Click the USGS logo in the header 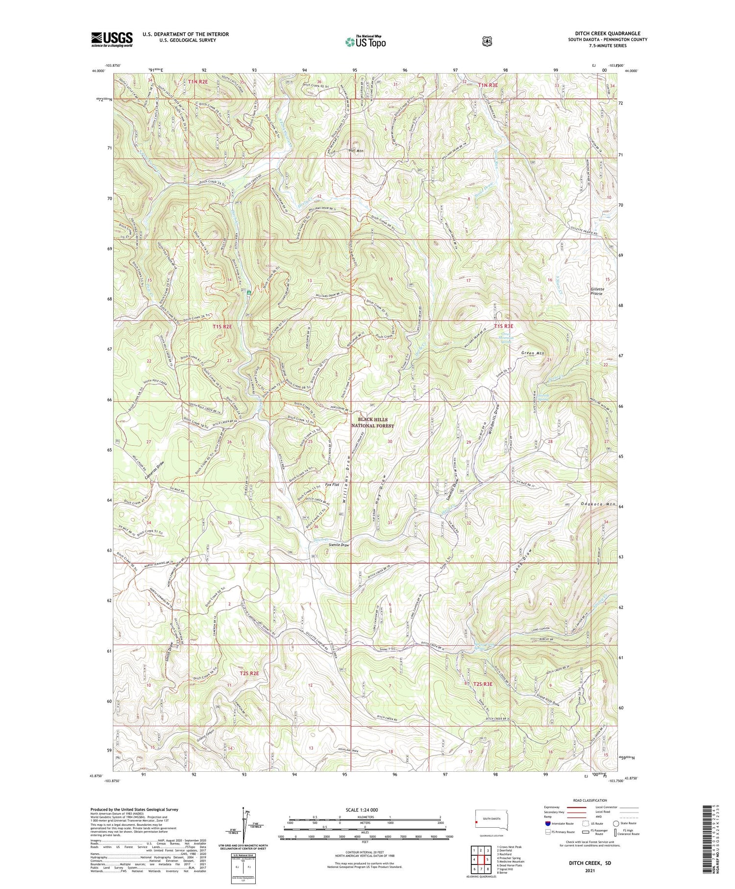(x=112, y=39)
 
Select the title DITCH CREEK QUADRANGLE (x=608, y=34)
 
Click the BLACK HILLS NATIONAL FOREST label (x=372, y=423)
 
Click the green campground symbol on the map (x=249, y=292)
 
